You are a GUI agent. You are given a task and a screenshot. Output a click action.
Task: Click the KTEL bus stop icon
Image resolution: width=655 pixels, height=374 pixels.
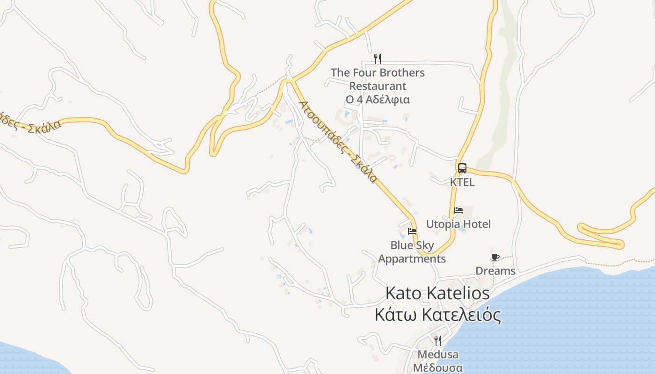click(462, 168)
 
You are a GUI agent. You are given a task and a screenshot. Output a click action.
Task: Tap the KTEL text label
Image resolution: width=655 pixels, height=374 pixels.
click(462, 182)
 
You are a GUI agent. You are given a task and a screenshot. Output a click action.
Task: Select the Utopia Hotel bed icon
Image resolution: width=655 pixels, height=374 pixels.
click(458, 210)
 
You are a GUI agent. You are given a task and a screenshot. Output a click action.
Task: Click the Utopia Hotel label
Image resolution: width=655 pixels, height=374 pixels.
click(458, 224)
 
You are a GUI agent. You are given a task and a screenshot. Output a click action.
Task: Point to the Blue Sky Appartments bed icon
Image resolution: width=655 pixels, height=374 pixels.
click(412, 231)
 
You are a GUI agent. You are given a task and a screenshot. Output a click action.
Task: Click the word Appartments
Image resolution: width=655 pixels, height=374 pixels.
click(412, 259)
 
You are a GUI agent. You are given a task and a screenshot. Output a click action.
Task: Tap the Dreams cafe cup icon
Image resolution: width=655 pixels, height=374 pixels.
click(495, 257)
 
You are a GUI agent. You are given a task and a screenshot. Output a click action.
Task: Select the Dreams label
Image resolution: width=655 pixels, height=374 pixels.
click(495, 271)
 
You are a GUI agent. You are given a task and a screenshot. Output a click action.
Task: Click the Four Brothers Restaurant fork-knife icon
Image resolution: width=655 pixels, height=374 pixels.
click(378, 59)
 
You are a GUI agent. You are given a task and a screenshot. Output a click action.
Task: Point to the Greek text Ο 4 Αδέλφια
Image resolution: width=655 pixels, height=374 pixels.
click(378, 100)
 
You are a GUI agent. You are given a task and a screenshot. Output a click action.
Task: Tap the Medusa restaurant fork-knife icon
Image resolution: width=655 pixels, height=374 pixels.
click(438, 340)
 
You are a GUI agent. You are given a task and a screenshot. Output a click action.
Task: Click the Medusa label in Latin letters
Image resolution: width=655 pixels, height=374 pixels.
click(438, 354)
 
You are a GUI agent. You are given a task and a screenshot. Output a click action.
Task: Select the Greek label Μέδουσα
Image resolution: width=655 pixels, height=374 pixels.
click(438, 367)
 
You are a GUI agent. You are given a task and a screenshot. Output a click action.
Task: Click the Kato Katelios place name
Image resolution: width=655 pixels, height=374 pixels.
click(437, 294)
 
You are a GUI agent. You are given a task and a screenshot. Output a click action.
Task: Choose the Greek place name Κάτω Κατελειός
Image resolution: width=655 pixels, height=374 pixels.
click(437, 315)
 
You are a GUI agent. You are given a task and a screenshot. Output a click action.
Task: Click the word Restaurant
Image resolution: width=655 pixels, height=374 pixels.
click(378, 86)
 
